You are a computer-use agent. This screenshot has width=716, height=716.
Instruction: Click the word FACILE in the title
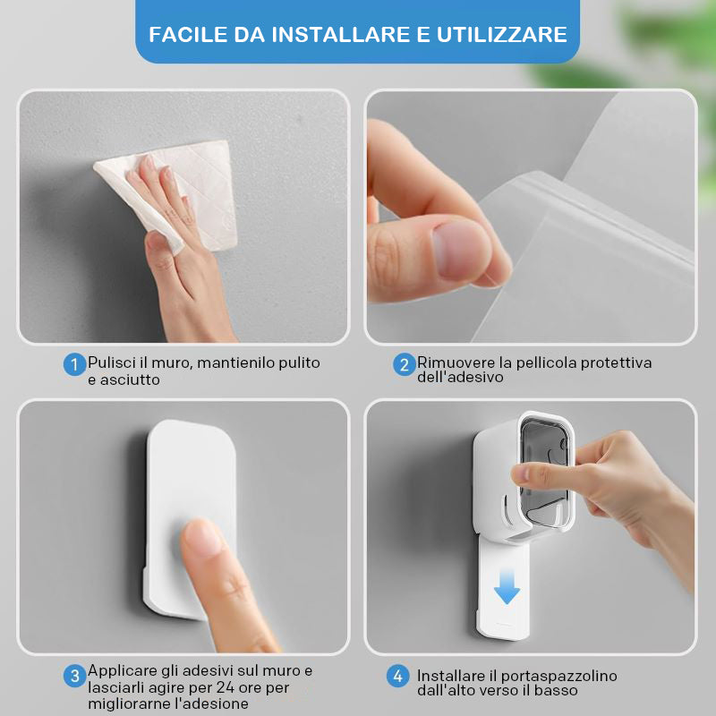188,35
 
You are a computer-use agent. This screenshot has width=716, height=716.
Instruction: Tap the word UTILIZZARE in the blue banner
502,35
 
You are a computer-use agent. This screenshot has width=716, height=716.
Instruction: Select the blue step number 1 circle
74,365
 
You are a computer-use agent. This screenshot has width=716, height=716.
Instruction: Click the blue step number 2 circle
405,365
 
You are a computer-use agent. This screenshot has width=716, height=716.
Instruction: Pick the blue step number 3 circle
74,676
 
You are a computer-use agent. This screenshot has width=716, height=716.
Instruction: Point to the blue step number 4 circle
397,676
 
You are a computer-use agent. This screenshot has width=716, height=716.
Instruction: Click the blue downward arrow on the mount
507,588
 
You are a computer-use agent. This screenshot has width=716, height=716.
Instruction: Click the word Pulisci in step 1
112,363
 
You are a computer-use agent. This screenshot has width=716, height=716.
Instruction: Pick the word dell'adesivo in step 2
460,377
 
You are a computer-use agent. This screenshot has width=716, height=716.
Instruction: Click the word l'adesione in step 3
212,703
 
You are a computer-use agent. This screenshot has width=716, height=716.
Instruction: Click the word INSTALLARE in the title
341,35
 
